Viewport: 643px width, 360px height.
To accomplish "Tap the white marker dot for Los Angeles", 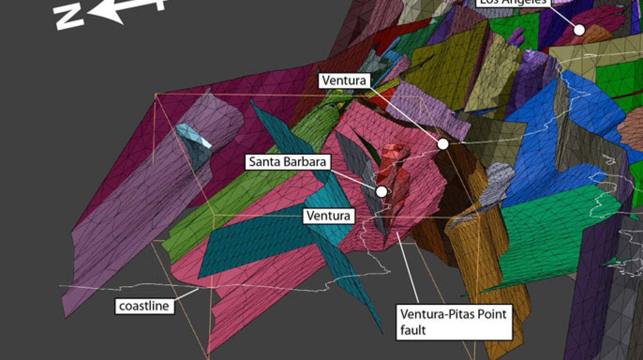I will coord(579,29).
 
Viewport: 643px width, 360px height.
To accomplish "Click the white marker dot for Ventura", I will coord(443,144).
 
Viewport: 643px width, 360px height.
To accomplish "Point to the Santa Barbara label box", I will coord(287,162).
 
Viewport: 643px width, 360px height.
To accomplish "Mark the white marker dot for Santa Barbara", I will coord(381,191).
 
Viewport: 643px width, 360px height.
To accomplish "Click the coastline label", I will coord(144,306).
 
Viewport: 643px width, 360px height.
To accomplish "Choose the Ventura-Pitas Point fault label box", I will coord(454,322).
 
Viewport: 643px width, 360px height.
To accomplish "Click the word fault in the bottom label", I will coord(413,330).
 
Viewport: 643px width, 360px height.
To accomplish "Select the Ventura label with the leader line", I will coord(344,80).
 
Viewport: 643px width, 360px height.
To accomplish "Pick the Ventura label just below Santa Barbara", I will coord(328,216).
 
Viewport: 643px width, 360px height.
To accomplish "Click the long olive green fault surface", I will coord(245,184).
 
